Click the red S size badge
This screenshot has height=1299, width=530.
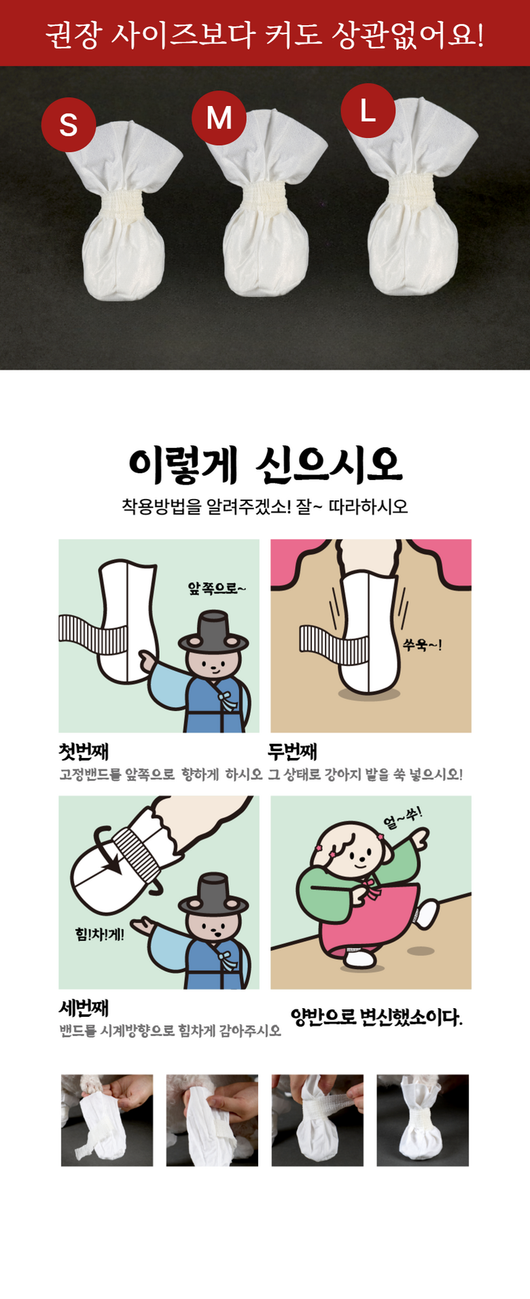click(69, 124)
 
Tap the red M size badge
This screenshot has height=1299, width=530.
click(219, 118)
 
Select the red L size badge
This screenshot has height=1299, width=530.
click(368, 110)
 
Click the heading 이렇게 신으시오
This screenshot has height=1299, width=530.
click(265, 466)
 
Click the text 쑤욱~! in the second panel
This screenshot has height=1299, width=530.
click(422, 645)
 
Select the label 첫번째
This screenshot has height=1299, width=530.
click(84, 752)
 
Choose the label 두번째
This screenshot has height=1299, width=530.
click(293, 752)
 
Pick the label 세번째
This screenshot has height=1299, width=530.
click(84, 1008)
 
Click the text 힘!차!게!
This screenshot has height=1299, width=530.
click(100, 934)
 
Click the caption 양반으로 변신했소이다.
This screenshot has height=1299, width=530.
click(376, 1017)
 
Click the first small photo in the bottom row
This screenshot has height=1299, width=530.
click(107, 1120)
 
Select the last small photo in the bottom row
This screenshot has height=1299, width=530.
click(423, 1120)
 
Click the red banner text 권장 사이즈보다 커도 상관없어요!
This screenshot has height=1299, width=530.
click(265, 34)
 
